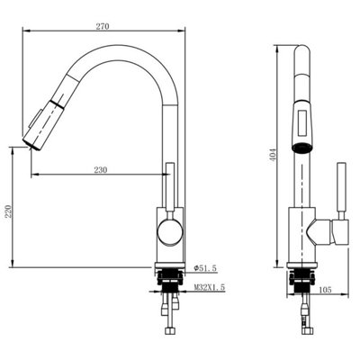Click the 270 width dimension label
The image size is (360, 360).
coord(103,26)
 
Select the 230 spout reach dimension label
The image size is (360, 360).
coord(101,170)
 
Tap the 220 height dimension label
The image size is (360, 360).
coord(8,211)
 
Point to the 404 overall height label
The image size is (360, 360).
coord(273,156)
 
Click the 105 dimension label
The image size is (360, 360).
coord(325,290)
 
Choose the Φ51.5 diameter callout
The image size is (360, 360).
coord(205,268)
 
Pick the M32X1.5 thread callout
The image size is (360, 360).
coord(210,287)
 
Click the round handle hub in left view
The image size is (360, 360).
coord(170,232)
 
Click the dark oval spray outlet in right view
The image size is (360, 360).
coord(302,148)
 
